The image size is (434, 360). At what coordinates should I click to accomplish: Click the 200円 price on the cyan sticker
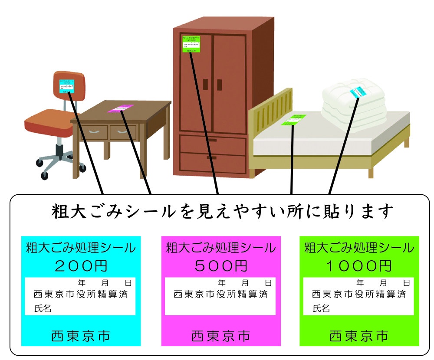pyautogui.click(x=81, y=265)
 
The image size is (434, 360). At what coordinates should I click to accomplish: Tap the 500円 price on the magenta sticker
pyautogui.click(x=221, y=265)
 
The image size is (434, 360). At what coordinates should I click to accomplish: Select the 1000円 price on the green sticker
pyautogui.click(x=359, y=265)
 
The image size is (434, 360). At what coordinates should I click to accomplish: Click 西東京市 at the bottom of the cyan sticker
pyautogui.click(x=81, y=336)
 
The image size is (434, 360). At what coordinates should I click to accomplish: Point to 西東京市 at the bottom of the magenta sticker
pyautogui.click(x=221, y=336)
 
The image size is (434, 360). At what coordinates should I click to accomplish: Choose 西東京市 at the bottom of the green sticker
pyautogui.click(x=359, y=336)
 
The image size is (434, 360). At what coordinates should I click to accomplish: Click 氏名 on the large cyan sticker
pyautogui.click(x=43, y=308)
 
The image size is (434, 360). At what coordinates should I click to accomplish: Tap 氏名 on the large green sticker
pyautogui.click(x=321, y=308)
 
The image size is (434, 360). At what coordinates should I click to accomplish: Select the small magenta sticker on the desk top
pyautogui.click(x=120, y=108)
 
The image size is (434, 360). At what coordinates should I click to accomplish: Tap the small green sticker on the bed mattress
pyautogui.click(x=294, y=120)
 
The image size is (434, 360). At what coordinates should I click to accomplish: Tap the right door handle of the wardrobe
pyautogui.click(x=219, y=84)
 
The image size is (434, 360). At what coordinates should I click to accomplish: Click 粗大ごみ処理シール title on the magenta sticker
pyautogui.click(x=221, y=248)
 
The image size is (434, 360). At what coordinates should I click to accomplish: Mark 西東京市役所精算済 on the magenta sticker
pyautogui.click(x=221, y=295)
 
